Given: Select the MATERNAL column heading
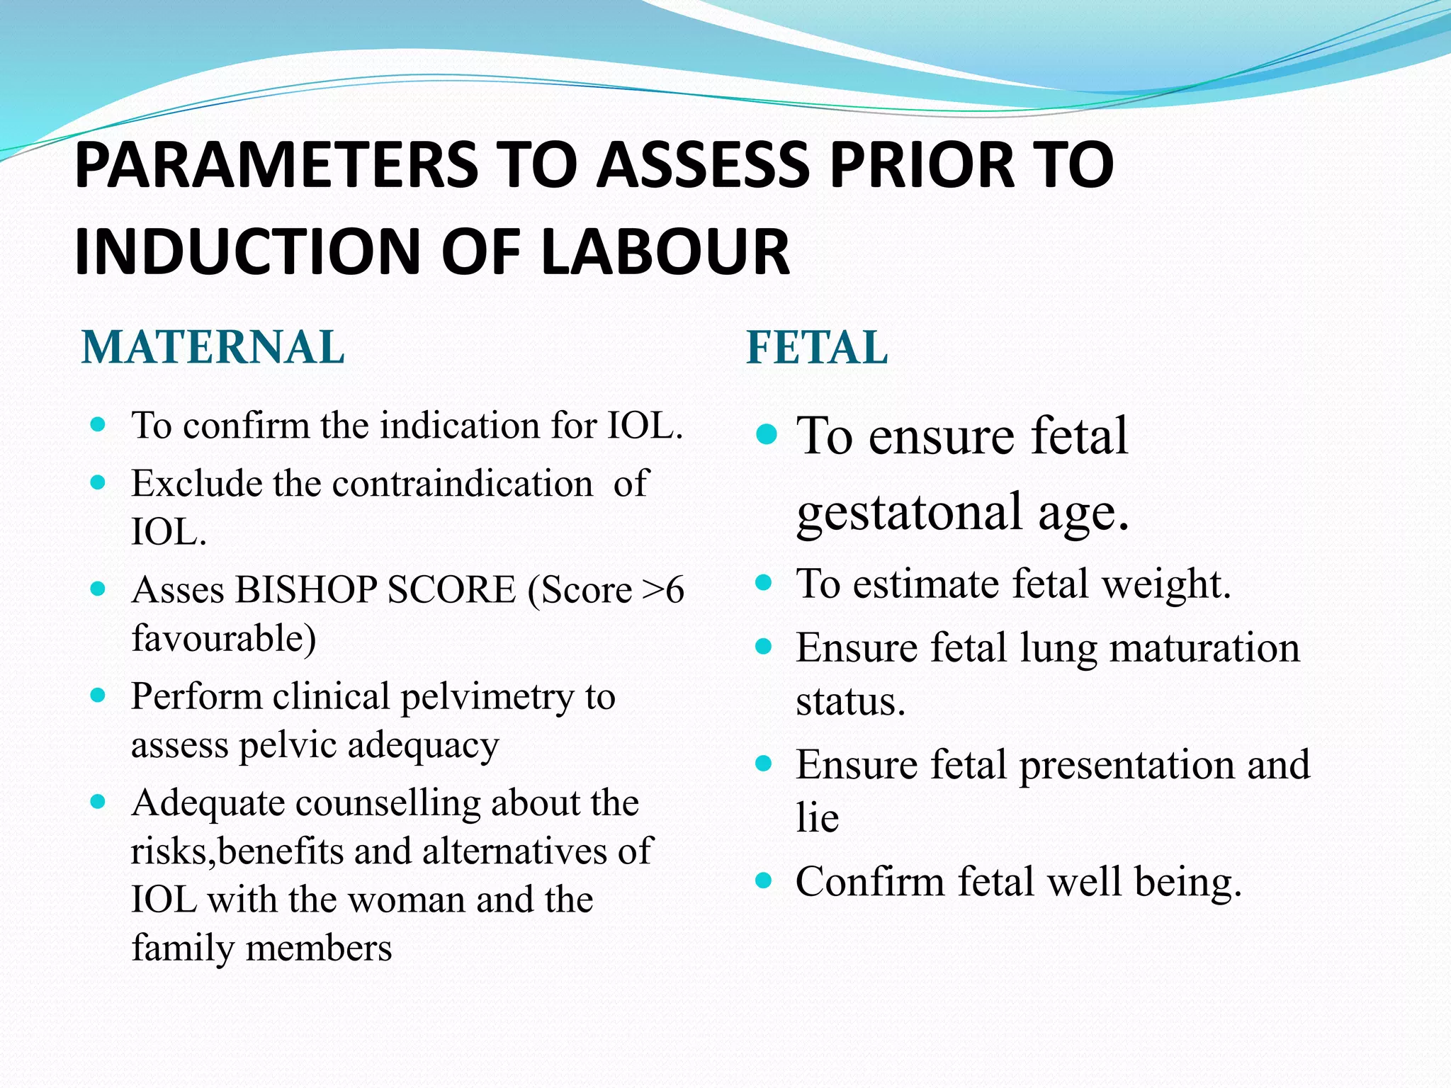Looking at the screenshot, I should point(213,348).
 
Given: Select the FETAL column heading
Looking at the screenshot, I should point(817,348).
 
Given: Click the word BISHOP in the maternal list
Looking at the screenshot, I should point(305,589).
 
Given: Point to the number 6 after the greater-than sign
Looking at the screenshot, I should point(675,589).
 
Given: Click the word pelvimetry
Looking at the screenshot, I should point(487,697).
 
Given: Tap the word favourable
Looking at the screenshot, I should point(224,637).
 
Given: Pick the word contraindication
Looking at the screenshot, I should point(462,484).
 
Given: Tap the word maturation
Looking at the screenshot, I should point(1204,647).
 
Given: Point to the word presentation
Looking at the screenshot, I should point(1126,765).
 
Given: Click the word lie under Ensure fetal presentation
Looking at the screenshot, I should point(817,818).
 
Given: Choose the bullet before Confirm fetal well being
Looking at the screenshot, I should point(763,880).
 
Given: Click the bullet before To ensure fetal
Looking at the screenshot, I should point(766,433).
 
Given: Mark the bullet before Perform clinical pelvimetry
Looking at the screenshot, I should point(98,695).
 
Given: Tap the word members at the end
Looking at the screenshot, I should point(318,948).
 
